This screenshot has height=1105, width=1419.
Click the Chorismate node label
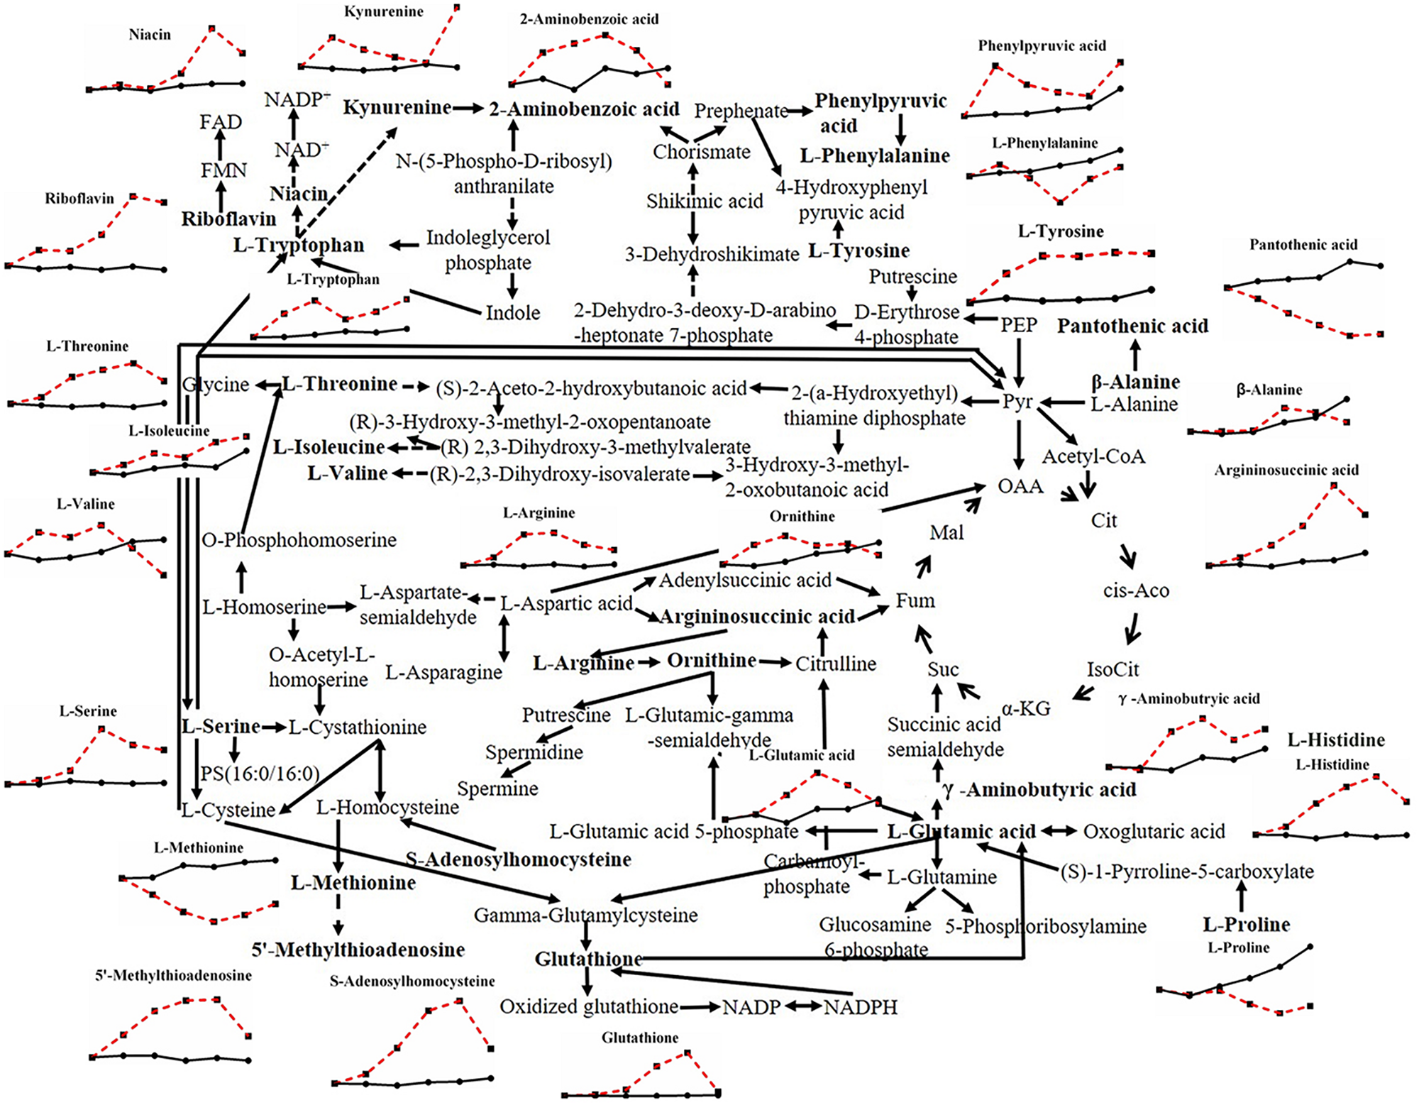[701, 152]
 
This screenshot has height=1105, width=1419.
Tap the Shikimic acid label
[704, 202]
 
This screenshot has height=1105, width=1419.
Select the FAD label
[221, 122]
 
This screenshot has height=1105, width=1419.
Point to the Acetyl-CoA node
[1093, 456]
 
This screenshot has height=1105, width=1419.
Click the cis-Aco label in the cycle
[1136, 590]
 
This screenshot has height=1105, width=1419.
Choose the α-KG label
[1026, 708]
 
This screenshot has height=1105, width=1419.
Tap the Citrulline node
[835, 664]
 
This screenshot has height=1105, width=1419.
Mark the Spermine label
[497, 788]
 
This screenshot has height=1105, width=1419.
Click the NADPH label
[860, 1007]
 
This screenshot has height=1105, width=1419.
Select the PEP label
[1019, 325]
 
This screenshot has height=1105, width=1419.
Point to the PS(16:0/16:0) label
[260, 774]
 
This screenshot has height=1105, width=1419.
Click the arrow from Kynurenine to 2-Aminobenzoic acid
[469, 109]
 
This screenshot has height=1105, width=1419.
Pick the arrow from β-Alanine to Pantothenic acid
[1135, 353]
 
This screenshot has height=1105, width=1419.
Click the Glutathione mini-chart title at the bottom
[640, 1038]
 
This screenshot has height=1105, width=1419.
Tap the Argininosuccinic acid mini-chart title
[1286, 470]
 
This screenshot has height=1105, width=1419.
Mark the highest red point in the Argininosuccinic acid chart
[1334, 486]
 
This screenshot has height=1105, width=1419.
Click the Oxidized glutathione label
[589, 1007]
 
